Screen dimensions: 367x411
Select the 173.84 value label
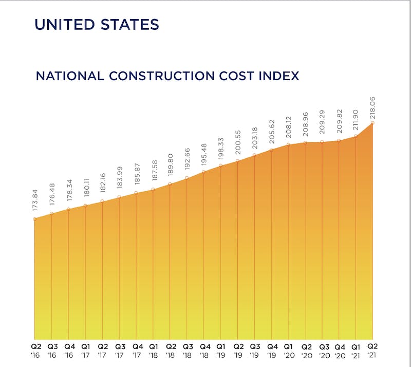[x=34, y=204]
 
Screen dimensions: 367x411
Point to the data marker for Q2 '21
[x=373, y=123]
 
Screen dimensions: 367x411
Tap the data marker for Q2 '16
[x=34, y=219]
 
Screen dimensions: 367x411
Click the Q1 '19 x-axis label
[x=221, y=351]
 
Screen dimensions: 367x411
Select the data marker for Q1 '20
[x=289, y=144]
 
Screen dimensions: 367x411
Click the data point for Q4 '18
[x=204, y=172]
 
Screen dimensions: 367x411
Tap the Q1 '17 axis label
[x=85, y=351]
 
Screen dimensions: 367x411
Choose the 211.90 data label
[x=356, y=121]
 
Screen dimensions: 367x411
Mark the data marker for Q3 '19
[x=255, y=155]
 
